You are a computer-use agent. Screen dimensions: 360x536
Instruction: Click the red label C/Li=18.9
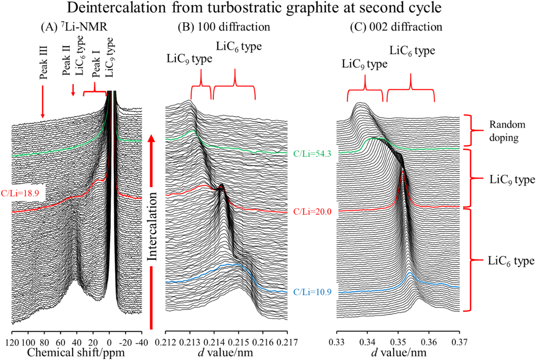point(20,193)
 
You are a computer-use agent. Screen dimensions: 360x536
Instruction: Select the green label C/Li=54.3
point(312,154)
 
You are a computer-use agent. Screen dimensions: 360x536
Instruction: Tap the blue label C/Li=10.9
point(312,292)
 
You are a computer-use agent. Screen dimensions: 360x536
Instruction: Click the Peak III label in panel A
point(44,62)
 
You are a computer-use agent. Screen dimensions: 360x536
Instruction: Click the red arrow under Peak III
point(43,102)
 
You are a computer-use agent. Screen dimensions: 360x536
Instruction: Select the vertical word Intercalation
point(152,227)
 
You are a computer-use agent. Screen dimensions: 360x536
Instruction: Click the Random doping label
point(507,131)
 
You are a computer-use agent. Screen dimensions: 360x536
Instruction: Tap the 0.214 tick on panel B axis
point(214,343)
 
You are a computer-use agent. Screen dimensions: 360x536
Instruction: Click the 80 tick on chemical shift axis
point(44,343)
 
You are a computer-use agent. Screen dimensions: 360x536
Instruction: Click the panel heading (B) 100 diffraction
point(224,27)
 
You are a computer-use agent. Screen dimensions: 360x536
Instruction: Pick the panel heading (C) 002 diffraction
point(396,27)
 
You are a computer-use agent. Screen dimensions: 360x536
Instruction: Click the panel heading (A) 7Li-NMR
point(74,27)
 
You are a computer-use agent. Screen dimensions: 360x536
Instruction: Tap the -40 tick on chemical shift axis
point(136,343)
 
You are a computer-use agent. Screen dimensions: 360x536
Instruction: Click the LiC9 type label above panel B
point(189,59)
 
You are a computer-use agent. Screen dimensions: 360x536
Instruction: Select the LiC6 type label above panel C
point(412,51)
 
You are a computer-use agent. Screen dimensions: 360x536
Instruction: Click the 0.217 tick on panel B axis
point(287,343)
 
